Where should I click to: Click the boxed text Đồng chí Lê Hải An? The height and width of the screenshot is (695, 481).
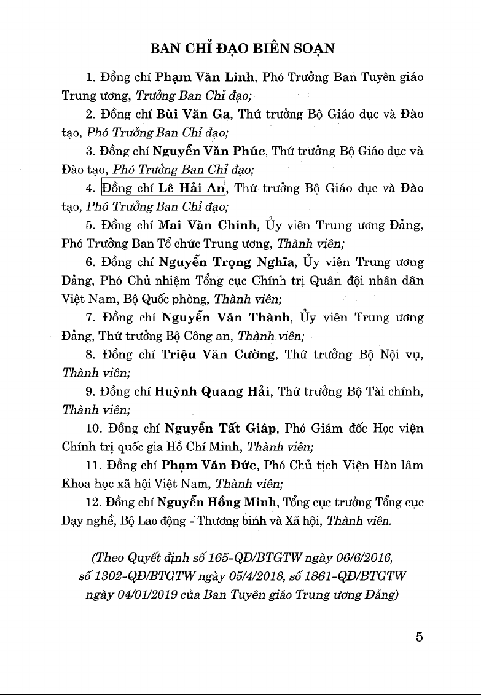pos(164,188)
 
